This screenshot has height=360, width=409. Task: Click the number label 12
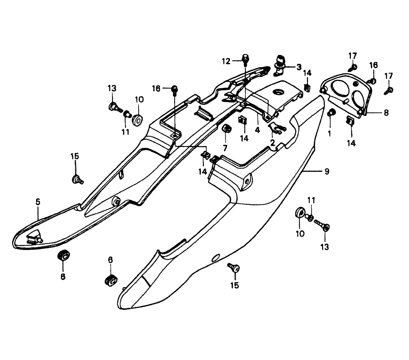click(226, 61)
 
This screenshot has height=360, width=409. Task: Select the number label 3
click(299, 67)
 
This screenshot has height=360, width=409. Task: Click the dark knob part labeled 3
click(280, 61)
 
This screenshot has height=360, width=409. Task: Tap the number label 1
click(330, 133)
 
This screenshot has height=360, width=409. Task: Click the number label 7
click(225, 147)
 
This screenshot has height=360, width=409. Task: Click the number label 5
click(38, 201)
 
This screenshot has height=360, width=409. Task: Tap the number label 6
click(110, 260)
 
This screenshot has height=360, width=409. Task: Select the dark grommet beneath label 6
click(110, 280)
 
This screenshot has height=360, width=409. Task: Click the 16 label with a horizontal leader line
click(156, 88)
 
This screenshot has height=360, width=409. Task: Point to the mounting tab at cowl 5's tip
click(34, 237)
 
